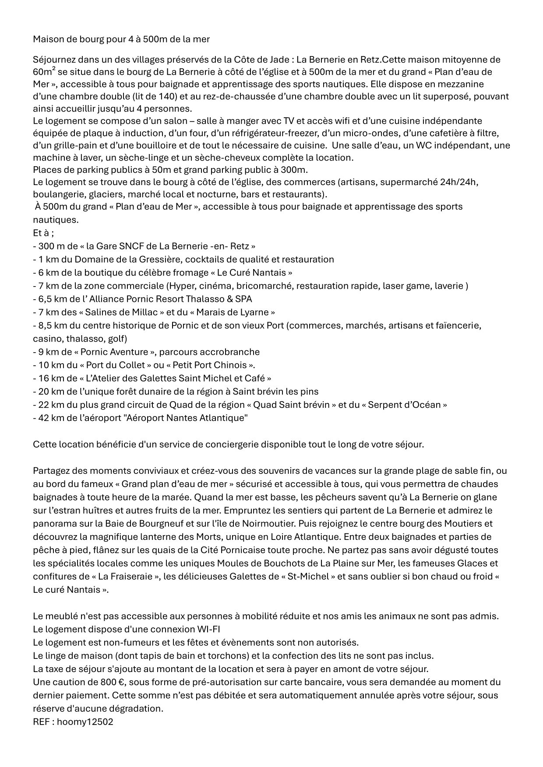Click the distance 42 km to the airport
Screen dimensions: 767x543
tap(49, 418)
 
